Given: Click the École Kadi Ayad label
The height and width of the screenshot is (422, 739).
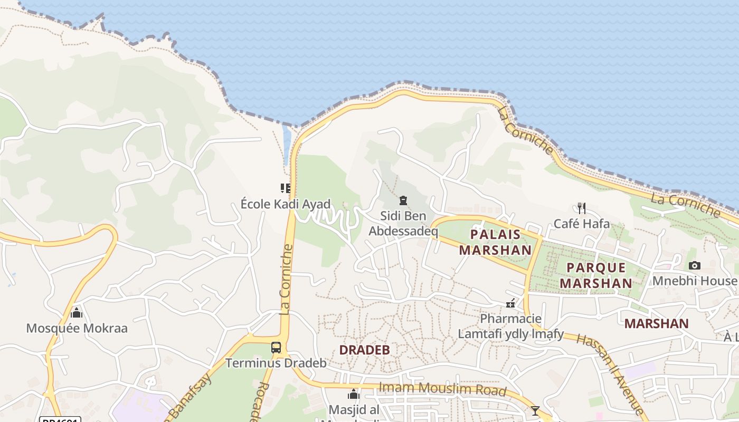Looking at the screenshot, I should coord(286,204).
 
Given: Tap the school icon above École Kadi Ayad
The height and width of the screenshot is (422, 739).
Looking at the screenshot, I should coord(285,188).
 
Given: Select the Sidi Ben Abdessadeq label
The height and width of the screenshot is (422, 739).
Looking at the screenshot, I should coord(403,223).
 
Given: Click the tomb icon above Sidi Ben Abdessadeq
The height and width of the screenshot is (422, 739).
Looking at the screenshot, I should coord(403,200).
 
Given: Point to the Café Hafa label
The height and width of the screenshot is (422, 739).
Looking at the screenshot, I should coord(581,224).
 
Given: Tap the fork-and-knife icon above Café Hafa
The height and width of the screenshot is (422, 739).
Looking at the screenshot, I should coord(581,208).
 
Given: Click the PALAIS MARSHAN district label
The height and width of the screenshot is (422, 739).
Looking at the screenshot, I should coord(495,242).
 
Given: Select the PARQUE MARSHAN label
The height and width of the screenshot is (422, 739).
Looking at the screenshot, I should coord(596,275).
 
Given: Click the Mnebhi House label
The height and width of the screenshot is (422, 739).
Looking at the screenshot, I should coord(694,281).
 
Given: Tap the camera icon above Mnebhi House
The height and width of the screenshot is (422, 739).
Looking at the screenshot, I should coord(694,265).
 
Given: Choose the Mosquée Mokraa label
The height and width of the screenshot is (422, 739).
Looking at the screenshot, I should coord(77,328).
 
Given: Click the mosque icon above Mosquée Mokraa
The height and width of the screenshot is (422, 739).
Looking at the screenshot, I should coord(77,313).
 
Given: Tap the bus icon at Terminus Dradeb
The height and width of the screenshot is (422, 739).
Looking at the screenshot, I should coord(276,347).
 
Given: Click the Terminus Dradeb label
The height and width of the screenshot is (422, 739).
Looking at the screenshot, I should coord(276,363).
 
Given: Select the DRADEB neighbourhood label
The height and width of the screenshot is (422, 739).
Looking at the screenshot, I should coord(364,350).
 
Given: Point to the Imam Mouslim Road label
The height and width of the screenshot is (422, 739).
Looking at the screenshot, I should coord(442,389).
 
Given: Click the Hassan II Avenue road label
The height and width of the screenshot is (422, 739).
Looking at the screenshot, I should coord(610,373).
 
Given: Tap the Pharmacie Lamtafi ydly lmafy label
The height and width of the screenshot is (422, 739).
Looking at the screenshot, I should coord(510,326).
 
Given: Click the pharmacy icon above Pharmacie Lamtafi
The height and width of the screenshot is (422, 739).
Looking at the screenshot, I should coord(510,303).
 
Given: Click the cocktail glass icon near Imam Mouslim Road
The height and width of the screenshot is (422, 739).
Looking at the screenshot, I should coord(535,410).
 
